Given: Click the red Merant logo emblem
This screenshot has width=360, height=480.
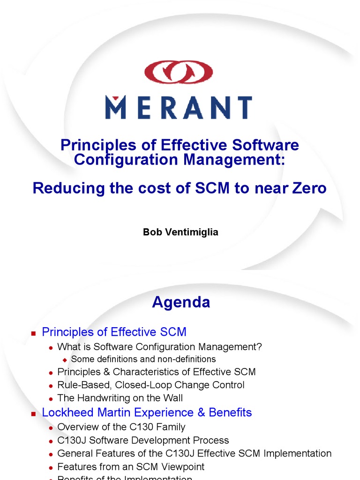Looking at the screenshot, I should click(178, 71).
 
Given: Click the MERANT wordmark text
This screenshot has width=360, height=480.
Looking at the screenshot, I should click(178, 107).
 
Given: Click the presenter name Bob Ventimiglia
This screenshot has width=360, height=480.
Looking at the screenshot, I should click(180, 232).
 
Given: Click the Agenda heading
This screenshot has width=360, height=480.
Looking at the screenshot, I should click(181, 302).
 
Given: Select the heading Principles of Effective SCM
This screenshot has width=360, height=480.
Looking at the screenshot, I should click(114, 332).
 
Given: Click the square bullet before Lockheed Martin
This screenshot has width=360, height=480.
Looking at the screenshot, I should click(33, 413).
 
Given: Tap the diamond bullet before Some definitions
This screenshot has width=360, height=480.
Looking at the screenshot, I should click(65, 360).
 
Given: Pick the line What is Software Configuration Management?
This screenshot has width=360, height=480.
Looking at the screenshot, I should click(159, 347).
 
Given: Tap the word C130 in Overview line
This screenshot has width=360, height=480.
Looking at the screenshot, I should click(124, 427).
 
